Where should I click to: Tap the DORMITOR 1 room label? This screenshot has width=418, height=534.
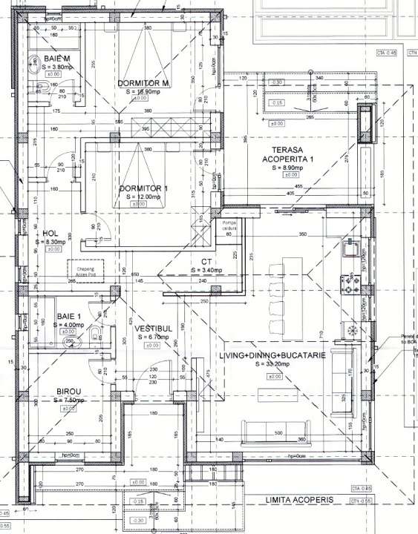[144, 188]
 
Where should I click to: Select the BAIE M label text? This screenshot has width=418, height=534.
[56, 58]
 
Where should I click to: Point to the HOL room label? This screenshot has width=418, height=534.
[50, 232]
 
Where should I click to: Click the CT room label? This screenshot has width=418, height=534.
[208, 263]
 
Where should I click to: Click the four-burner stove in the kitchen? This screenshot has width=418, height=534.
[348, 281]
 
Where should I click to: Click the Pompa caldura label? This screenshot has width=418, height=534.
[233, 225]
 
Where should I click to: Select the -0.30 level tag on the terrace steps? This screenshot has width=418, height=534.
[276, 82]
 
